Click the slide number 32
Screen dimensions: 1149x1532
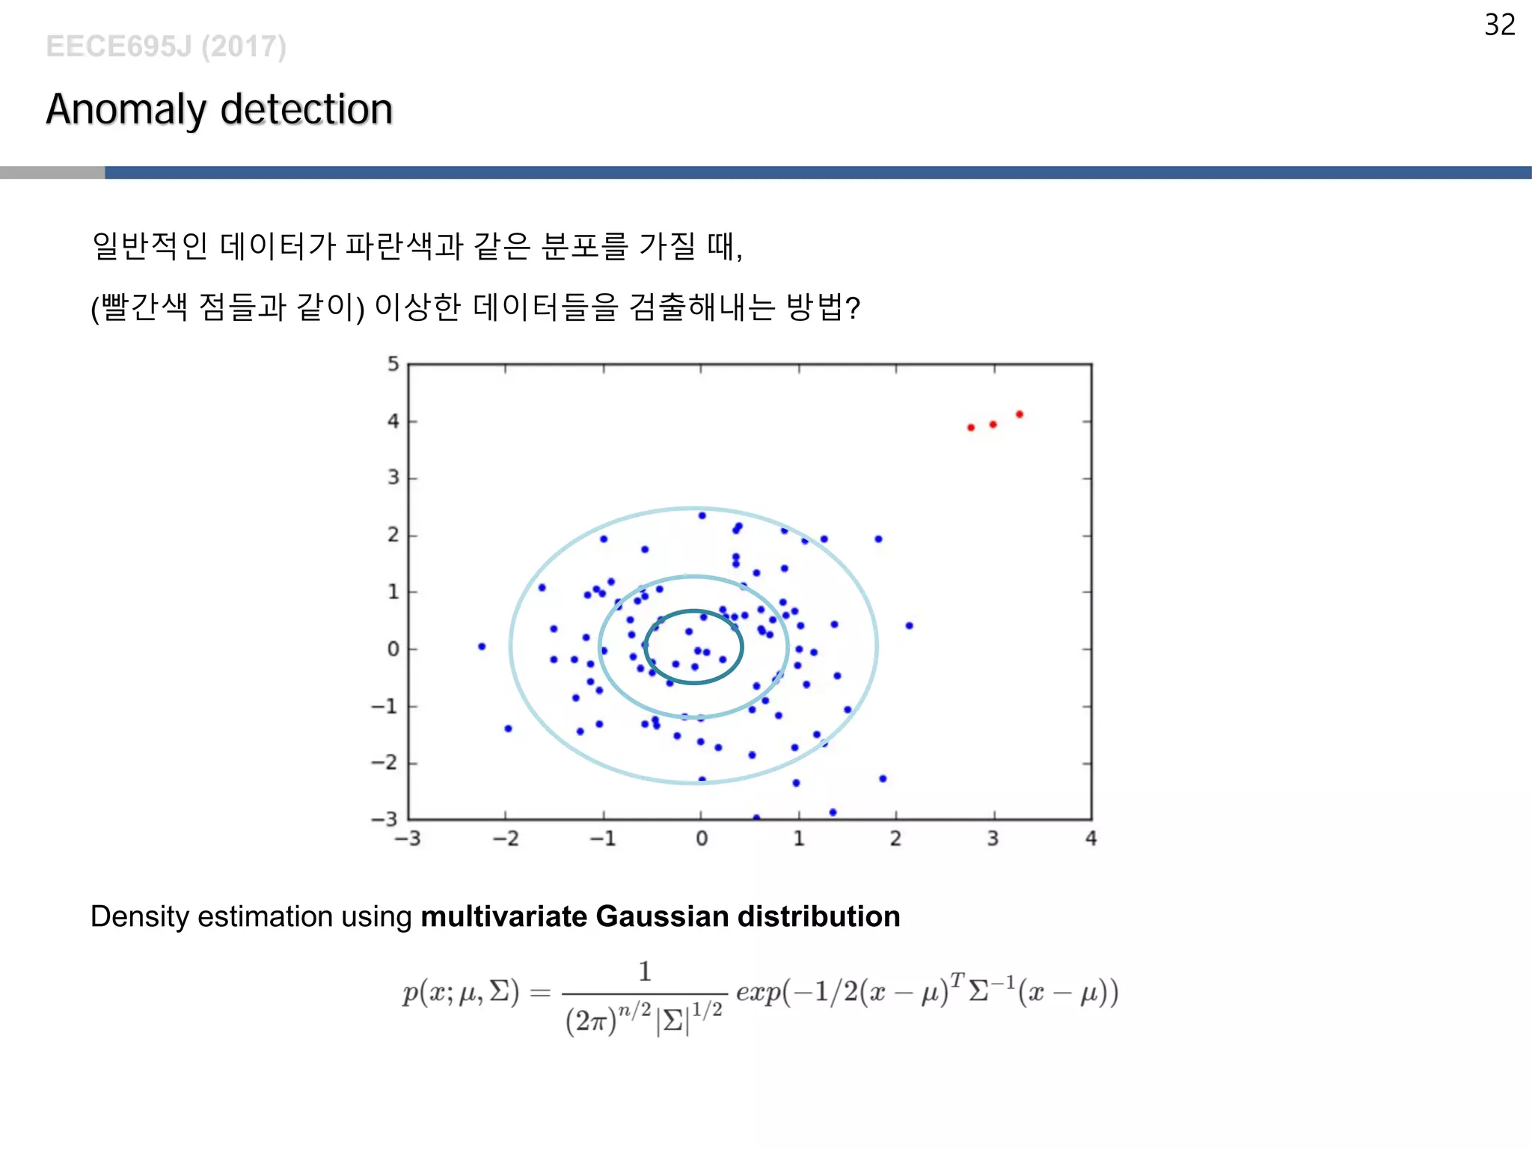tap(1499, 25)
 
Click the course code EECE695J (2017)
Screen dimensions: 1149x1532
tap(166, 46)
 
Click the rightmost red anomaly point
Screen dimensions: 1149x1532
tap(1020, 414)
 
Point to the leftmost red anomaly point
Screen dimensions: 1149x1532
tap(971, 428)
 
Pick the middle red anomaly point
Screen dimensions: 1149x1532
tap(993, 425)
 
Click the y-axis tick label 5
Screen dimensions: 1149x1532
tap(393, 364)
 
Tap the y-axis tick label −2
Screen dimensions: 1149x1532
tap(385, 762)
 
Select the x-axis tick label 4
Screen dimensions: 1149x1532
tap(1091, 839)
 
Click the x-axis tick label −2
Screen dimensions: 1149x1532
tap(506, 839)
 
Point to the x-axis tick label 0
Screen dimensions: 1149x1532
tap(702, 839)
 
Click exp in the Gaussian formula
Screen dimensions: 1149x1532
tap(758, 993)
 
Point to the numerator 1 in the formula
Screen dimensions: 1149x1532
tap(645, 972)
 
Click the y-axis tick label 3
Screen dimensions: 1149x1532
tap(393, 477)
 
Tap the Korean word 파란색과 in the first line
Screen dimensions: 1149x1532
tap(405, 246)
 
